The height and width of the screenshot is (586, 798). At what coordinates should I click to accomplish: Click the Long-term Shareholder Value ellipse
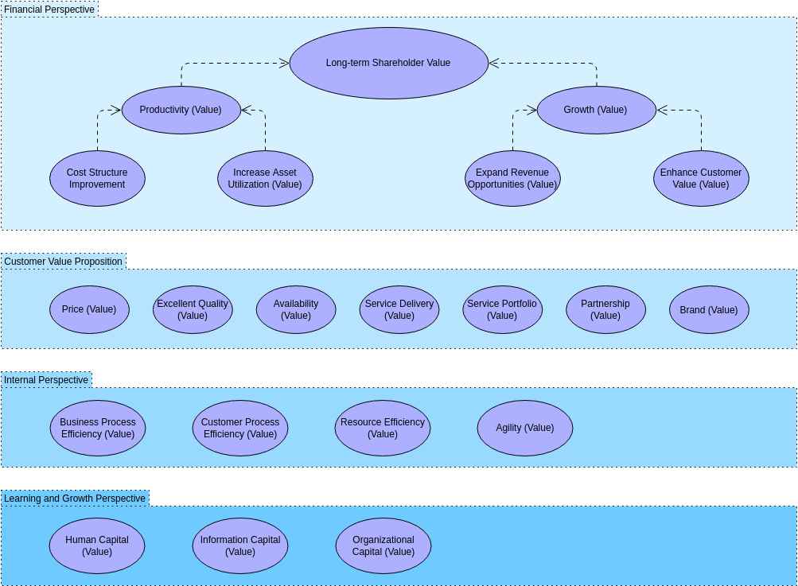388,64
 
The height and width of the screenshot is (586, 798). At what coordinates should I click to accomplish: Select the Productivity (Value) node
181,110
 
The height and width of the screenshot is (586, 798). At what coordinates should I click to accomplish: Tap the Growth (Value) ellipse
596,110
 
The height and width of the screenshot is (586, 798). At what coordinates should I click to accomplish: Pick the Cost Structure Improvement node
97,178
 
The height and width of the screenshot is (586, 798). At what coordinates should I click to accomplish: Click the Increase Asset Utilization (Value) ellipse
265,178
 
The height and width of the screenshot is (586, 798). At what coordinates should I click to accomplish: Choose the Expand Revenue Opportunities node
512,178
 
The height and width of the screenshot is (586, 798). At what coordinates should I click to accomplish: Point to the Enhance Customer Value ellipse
701,178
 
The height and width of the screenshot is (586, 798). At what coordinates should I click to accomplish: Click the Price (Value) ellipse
89,309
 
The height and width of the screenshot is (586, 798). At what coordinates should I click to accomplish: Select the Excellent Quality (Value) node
193,309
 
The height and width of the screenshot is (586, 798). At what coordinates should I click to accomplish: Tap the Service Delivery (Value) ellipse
399,309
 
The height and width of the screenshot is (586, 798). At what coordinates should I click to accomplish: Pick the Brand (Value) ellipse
709,309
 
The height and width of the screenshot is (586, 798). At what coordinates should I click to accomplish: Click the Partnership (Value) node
605,309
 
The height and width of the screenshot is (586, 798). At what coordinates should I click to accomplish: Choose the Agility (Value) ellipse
524,428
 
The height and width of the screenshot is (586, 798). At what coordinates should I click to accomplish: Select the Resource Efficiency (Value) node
382,428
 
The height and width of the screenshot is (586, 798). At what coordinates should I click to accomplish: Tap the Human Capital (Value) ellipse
97,545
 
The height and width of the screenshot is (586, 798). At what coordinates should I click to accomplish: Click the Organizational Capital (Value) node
383,545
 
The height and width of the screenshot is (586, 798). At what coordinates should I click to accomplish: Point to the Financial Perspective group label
49,10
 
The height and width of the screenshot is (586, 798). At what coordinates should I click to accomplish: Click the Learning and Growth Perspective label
75,499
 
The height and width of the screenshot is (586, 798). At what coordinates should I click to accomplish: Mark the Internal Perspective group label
46,380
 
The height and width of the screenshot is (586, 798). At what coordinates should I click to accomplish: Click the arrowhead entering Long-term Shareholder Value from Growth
493,64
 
